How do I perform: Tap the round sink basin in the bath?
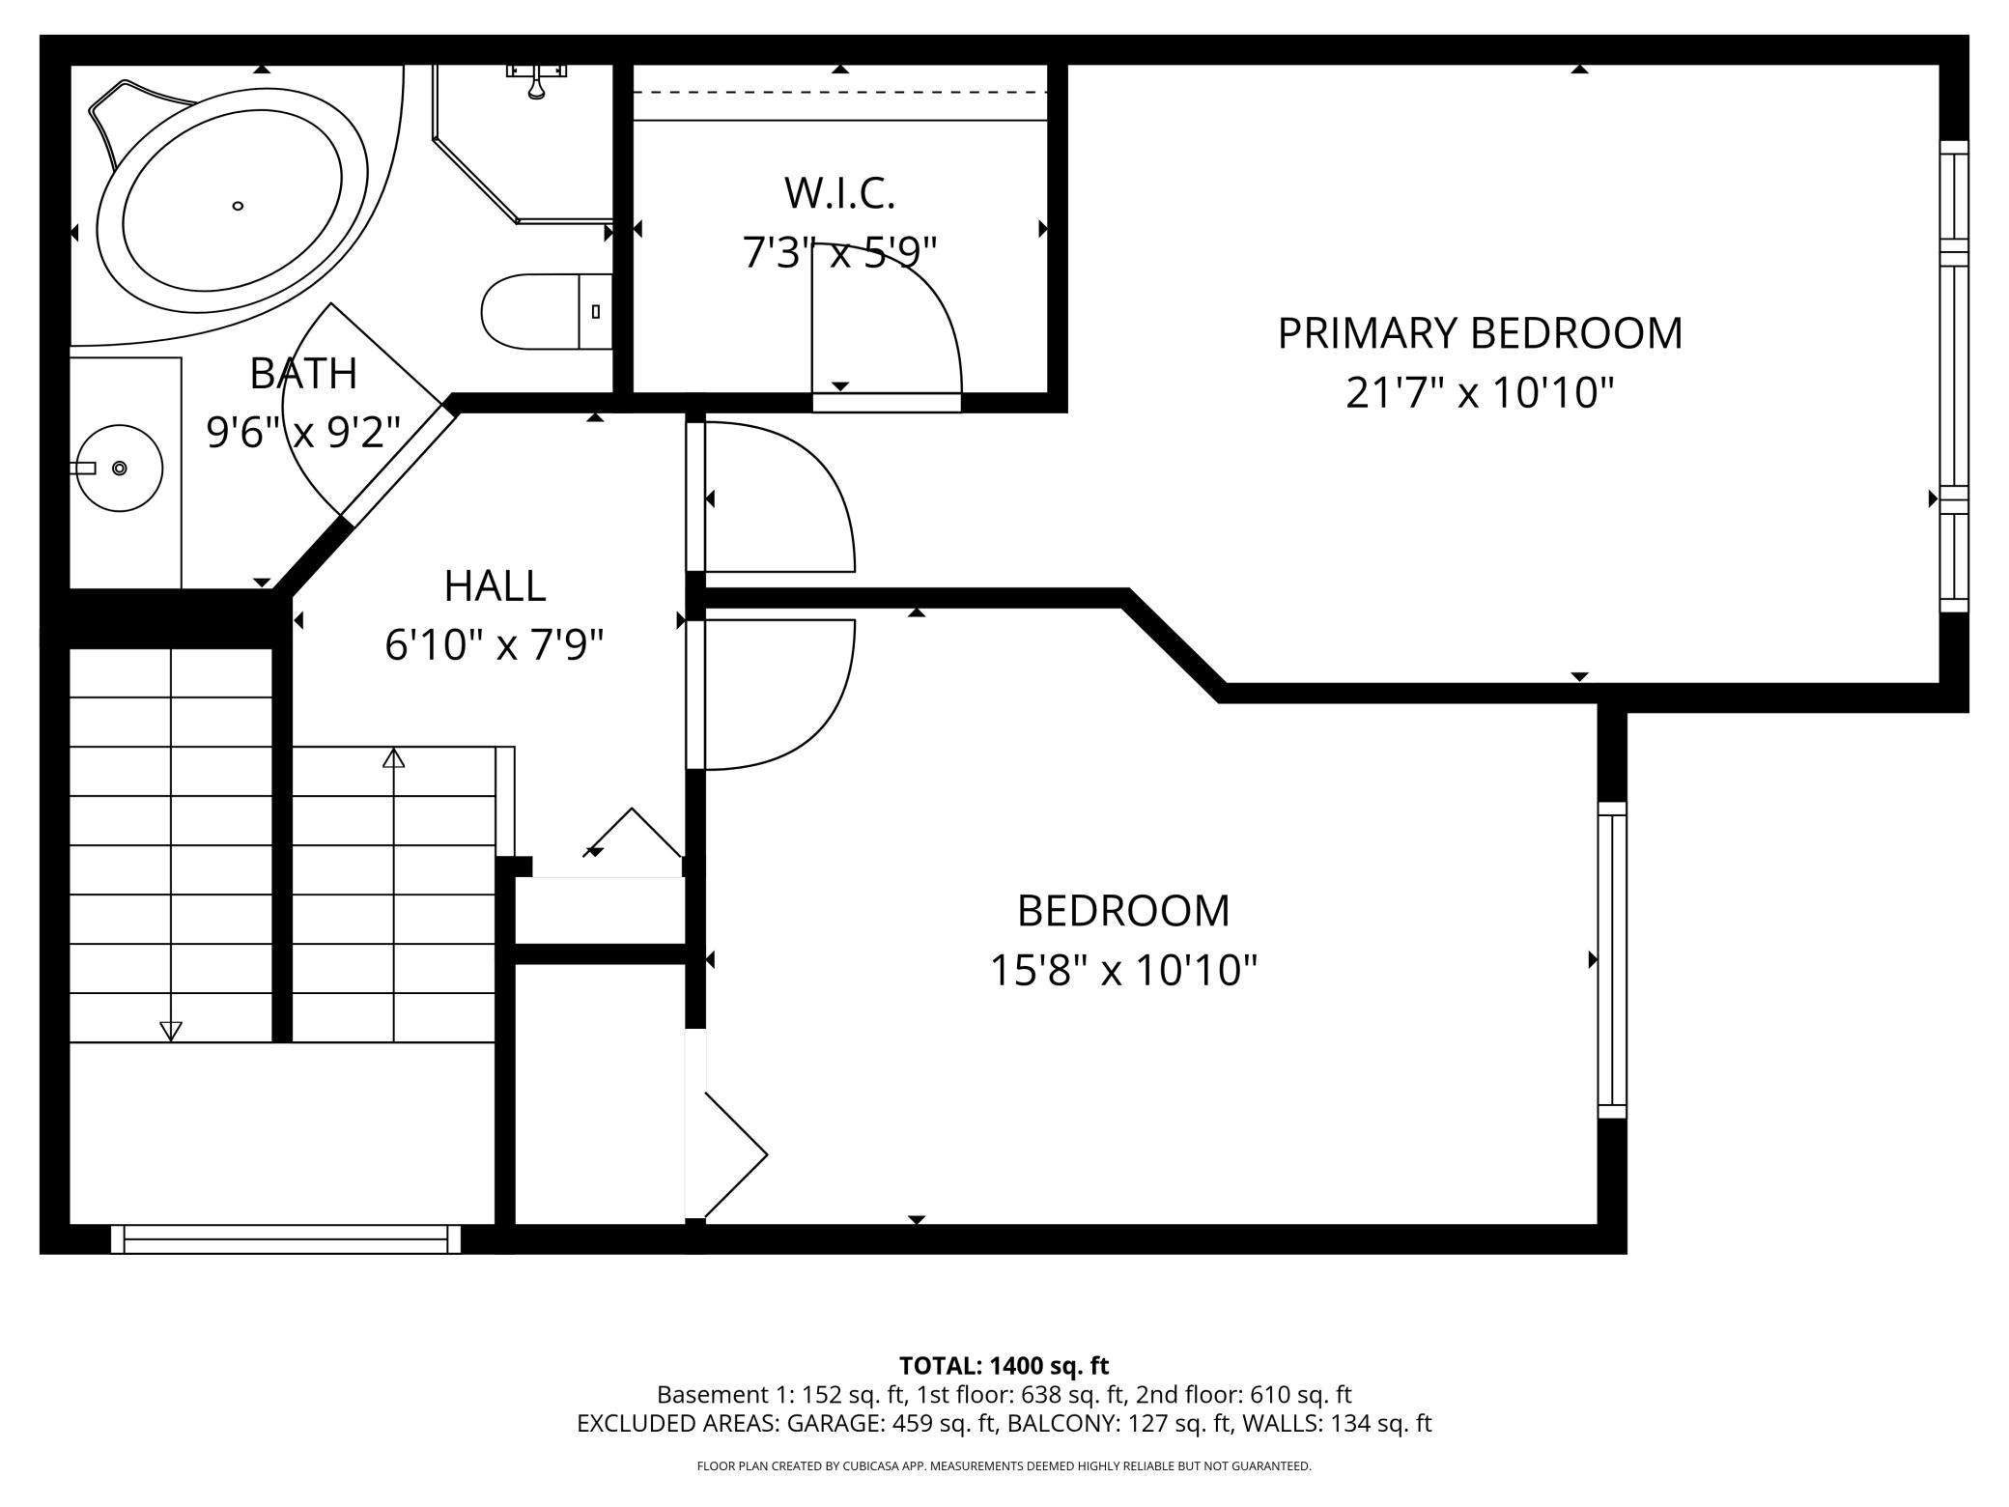pos(120,468)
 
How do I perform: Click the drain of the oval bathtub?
pos(238,205)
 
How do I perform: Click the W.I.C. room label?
pos(839,192)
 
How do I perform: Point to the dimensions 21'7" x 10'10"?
pos(1480,393)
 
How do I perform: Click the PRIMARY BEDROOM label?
pos(1480,333)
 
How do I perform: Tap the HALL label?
pos(495,585)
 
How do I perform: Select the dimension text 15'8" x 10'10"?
pos(1123,970)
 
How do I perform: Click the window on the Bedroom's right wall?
pos(1611,959)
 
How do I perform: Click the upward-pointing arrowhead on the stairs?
pos(393,758)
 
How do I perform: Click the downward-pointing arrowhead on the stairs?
pos(171,1031)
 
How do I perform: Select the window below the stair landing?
pos(286,1239)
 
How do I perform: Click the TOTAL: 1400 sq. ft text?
pos(1004,1366)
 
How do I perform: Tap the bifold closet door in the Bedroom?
pos(734,1154)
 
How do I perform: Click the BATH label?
pos(303,374)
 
